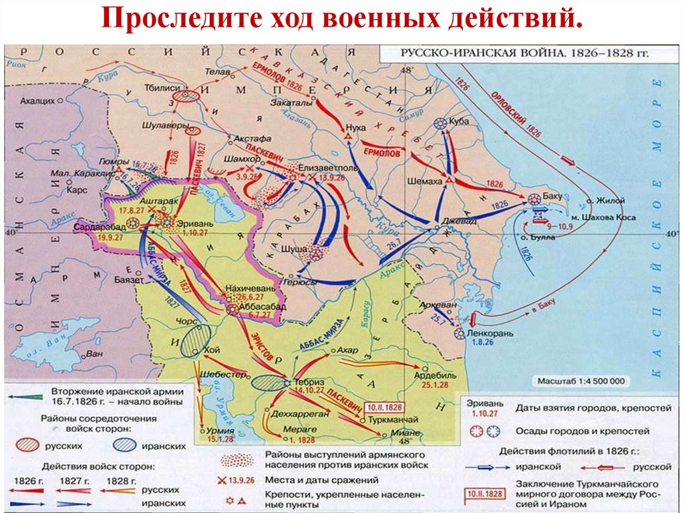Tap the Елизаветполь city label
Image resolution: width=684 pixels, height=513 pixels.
click(x=327, y=169)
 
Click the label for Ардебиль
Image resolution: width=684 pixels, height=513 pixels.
click(x=438, y=375)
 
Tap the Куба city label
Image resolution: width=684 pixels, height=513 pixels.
click(x=461, y=122)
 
